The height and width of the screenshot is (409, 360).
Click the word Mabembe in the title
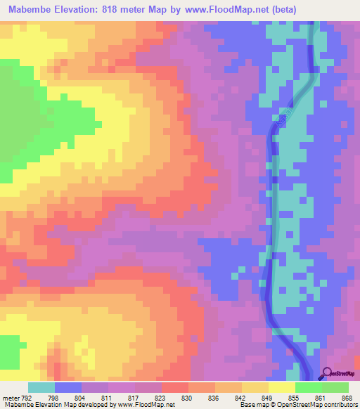tap(33, 9)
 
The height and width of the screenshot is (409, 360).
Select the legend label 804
tap(80, 398)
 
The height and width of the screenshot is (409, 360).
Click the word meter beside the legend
tap(11, 398)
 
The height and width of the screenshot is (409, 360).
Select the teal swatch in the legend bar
tap(41, 387)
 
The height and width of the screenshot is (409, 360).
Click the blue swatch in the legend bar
tap(68, 387)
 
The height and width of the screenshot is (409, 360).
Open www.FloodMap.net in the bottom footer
tap(151, 405)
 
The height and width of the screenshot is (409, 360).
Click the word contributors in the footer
tap(338, 405)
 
